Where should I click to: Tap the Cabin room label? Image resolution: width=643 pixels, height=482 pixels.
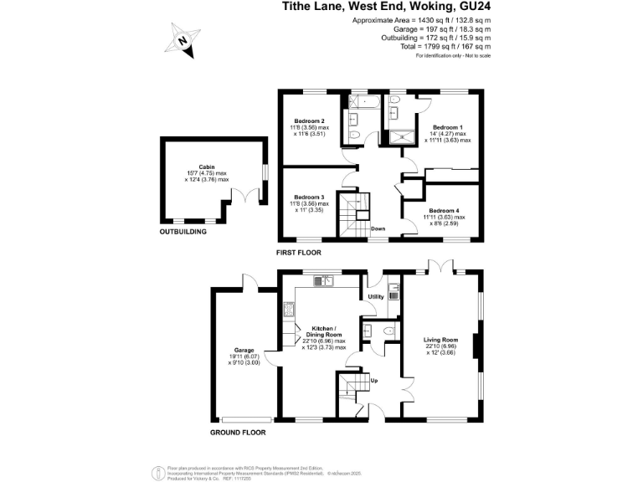coord(208,167)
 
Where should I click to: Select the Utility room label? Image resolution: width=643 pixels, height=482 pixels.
coord(375,297)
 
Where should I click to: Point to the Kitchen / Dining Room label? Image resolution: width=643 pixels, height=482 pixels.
coord(323,329)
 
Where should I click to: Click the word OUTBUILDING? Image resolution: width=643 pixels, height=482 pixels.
coord(183,231)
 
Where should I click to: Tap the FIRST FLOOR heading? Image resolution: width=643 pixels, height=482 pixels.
coord(299,252)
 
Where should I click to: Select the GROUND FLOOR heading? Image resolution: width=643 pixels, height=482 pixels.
coord(239,433)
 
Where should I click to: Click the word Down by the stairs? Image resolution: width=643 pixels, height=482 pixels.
coord(378,228)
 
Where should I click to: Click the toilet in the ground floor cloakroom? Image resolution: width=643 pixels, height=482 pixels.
coord(387,332)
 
